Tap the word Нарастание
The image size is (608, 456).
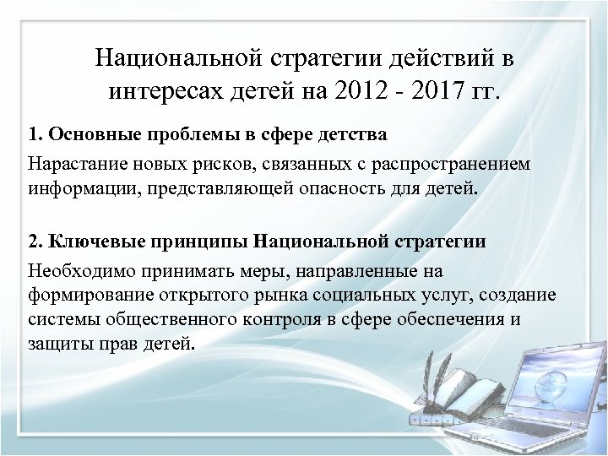pyautogui.click(x=69, y=162)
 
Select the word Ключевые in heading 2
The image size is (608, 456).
pyautogui.click(x=89, y=242)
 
